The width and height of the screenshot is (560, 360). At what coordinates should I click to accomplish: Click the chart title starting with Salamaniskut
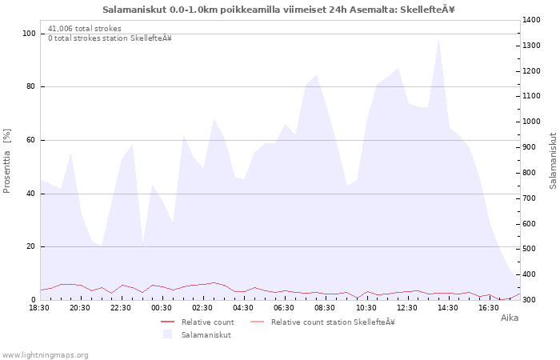pyautogui.click(x=278, y=10)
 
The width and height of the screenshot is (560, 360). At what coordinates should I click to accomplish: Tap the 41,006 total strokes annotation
pyautogui.click(x=85, y=29)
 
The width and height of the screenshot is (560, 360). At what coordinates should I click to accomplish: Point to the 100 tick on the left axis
pyautogui.click(x=29, y=34)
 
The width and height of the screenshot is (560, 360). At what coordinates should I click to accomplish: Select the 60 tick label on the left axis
pyautogui.click(x=30, y=140)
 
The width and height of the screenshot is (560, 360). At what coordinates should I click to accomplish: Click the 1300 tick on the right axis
pyautogui.click(x=531, y=46)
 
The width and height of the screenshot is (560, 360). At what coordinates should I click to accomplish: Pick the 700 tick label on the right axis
pyautogui.click(x=531, y=198)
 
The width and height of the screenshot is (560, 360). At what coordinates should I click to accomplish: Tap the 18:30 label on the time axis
pyautogui.click(x=39, y=308)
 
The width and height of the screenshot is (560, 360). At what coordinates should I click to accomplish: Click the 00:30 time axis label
pyautogui.click(x=162, y=308)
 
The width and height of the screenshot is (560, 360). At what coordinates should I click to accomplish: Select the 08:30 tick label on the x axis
pyautogui.click(x=325, y=308)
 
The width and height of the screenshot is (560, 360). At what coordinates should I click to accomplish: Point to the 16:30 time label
pyautogui.click(x=488, y=308)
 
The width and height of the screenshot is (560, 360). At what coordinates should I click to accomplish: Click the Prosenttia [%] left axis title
pyautogui.click(x=6, y=161)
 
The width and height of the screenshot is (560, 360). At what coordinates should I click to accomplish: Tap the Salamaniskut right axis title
pyautogui.click(x=554, y=161)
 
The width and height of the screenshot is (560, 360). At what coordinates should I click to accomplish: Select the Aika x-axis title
pyautogui.click(x=510, y=318)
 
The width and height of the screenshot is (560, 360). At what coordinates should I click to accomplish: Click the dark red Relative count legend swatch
pyautogui.click(x=167, y=322)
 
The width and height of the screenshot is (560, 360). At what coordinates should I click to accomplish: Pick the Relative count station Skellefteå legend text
pyautogui.click(x=333, y=322)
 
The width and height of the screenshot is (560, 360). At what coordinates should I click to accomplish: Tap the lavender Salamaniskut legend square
pyautogui.click(x=167, y=334)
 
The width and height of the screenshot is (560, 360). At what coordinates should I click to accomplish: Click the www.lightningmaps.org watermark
pyautogui.click(x=44, y=355)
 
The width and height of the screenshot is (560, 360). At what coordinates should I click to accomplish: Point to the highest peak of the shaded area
pyautogui.click(x=438, y=40)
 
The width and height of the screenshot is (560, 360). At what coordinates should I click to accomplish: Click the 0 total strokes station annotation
pyautogui.click(x=110, y=38)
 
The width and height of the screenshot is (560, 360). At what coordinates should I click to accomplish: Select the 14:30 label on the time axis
pyautogui.click(x=447, y=308)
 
